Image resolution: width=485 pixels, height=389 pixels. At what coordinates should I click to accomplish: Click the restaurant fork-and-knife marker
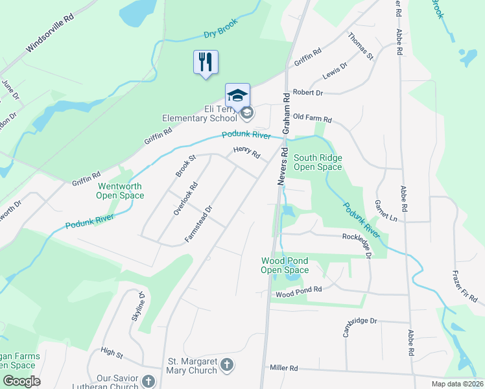206,62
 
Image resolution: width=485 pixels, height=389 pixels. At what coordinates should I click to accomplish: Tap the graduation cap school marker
237,95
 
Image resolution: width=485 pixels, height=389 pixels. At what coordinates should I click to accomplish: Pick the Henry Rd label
246,155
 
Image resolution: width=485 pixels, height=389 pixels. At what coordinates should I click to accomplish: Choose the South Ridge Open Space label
318,162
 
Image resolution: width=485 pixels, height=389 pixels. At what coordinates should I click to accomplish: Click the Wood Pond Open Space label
285,265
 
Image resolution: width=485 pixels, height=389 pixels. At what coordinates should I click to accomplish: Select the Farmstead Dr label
199,224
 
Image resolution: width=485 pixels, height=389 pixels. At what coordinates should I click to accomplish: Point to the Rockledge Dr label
357,241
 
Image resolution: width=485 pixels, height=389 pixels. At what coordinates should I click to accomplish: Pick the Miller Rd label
283,368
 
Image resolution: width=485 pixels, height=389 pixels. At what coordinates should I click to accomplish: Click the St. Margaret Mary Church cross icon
226,366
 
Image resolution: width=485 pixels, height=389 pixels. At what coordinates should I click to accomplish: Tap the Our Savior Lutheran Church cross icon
148,381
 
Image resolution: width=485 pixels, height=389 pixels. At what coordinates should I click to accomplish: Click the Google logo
21,381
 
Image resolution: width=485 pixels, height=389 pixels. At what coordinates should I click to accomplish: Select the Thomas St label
361,47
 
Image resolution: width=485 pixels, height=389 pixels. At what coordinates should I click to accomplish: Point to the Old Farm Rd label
312,119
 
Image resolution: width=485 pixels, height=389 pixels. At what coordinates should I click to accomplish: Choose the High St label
112,353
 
